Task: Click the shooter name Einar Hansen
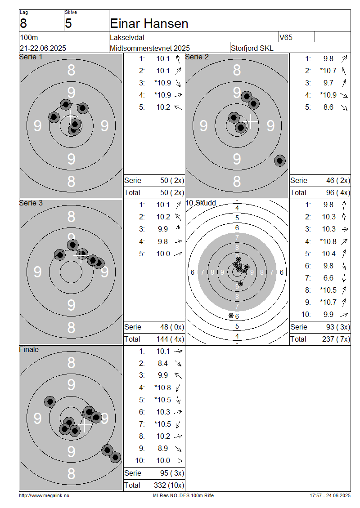point(149,24)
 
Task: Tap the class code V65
point(286,38)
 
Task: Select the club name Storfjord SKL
point(252,48)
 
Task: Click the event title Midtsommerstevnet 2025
point(150,48)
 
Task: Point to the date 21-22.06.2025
point(43,48)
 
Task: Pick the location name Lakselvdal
point(127,38)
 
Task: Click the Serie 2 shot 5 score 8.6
point(328,107)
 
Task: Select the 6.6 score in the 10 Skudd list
point(328,278)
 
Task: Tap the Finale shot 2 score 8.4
point(163,364)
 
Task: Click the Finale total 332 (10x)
point(169,486)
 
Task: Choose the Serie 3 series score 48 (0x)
point(172,327)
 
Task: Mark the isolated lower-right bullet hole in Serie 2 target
point(280,160)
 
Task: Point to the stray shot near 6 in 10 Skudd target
point(231,315)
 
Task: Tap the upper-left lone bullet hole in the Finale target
point(50,402)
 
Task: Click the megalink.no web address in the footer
point(44,496)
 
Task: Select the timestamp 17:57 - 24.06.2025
point(330,496)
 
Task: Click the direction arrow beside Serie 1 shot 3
point(178,83)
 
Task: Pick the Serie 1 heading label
point(31,57)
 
